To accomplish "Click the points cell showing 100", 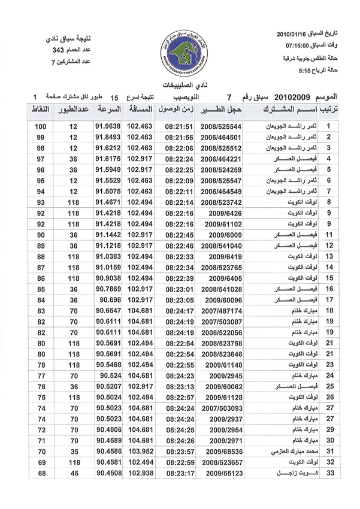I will coord(41,127).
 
